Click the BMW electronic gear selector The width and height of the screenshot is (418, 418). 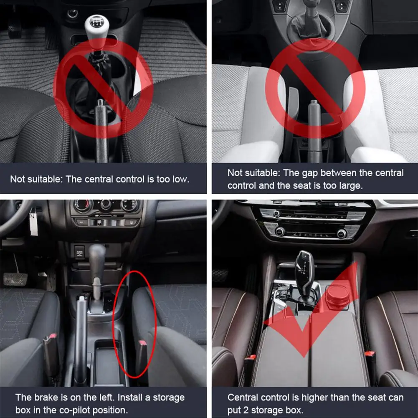pos(305,275)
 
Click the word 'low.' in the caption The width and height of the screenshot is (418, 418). pos(181,179)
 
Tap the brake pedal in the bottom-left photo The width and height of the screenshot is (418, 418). pos(15,279)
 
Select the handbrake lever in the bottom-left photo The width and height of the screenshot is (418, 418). pos(81,339)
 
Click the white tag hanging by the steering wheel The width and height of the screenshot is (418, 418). pos(33,222)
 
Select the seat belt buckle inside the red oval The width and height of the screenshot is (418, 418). pos(142,357)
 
